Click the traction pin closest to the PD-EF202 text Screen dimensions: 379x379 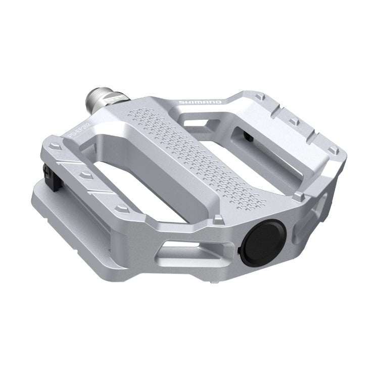click(56, 145)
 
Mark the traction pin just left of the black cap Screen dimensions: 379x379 click(218, 219)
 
